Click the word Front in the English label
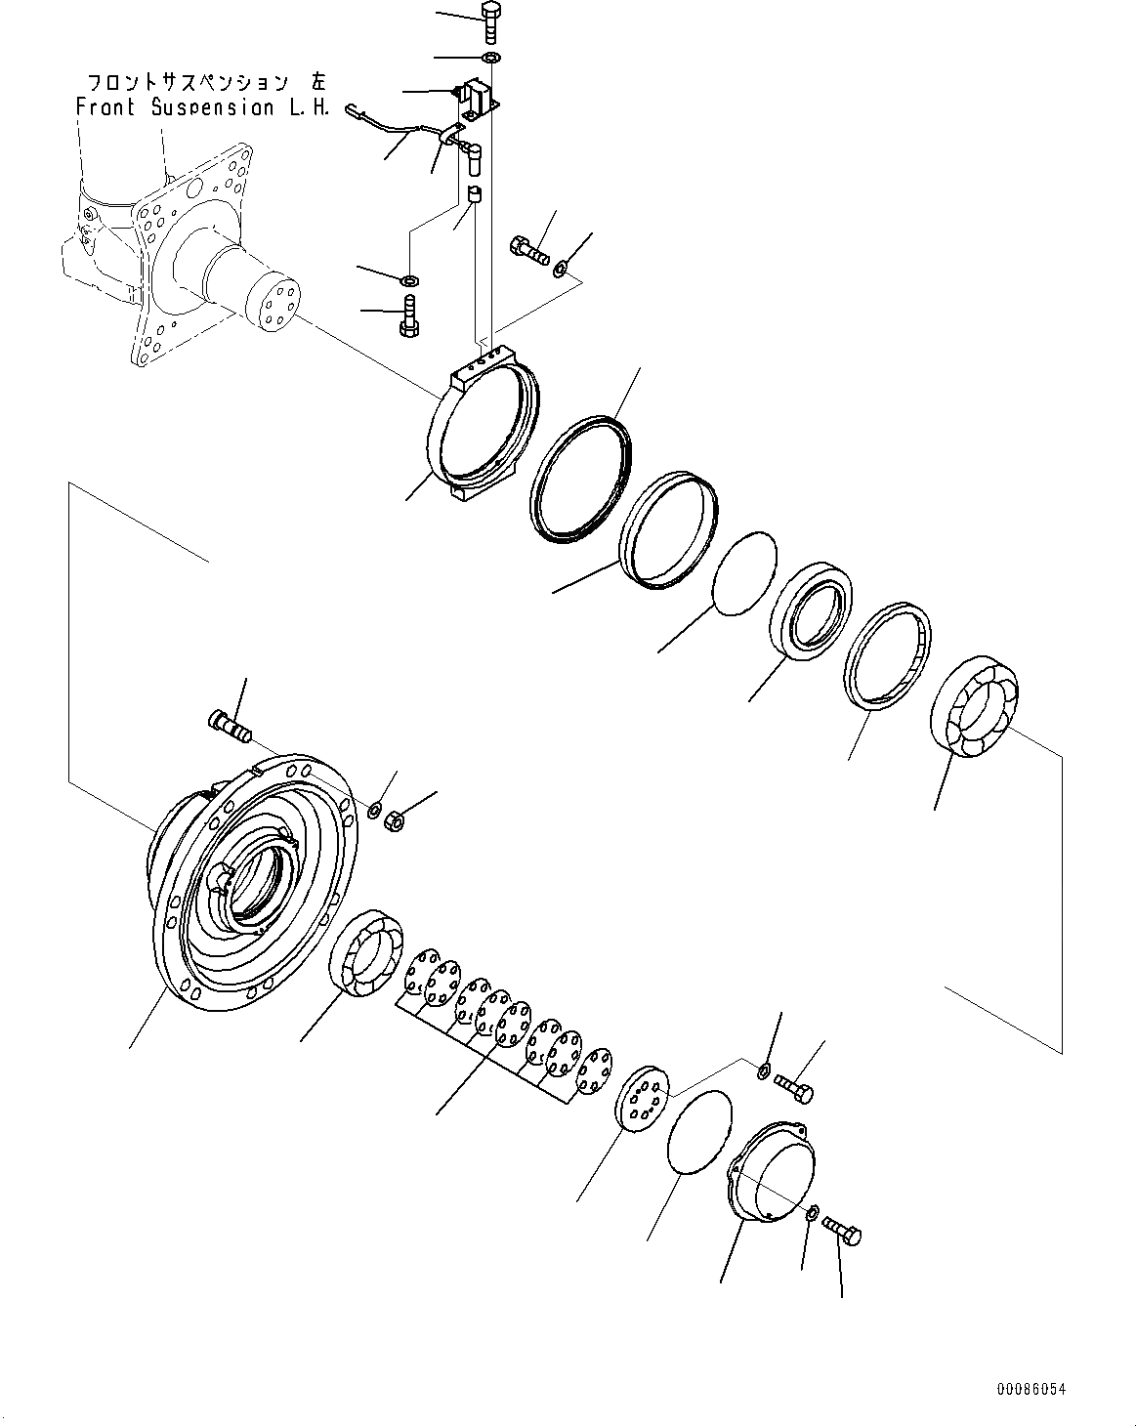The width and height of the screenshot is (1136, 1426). tap(105, 107)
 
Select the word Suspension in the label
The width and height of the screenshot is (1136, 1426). tap(213, 108)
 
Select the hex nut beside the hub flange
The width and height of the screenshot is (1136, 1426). tap(395, 821)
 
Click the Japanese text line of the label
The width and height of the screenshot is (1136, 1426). tap(207, 82)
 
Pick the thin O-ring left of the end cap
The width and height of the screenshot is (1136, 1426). tap(700, 1132)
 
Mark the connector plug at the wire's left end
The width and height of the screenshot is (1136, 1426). tap(354, 110)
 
